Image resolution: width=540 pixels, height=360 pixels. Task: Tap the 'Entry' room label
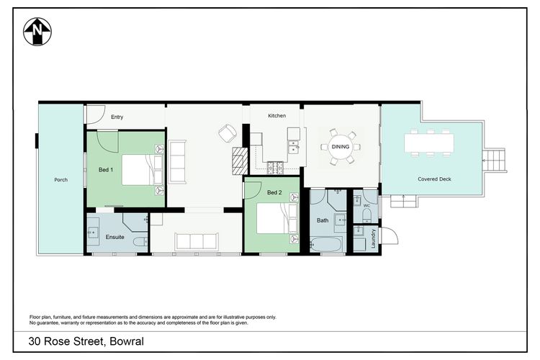coord(117,116)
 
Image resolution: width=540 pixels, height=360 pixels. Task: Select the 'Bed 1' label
coord(105,169)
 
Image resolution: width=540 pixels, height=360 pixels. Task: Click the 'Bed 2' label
coord(274,192)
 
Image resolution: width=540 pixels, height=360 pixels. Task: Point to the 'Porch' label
coord(60,179)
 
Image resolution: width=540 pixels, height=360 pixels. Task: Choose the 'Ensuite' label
coord(115,236)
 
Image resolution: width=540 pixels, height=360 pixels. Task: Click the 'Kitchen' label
coord(276,116)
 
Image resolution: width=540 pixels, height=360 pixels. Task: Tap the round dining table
coord(338,148)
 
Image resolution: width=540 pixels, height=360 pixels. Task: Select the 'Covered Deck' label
coord(434,179)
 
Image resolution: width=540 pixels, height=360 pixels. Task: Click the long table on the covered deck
coord(430,143)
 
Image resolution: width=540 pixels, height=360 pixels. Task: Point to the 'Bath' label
coord(323,220)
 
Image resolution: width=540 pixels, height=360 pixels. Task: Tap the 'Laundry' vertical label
coord(374,238)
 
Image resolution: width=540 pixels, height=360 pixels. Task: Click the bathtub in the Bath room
coord(329,245)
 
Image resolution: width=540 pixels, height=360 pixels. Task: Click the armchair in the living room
coord(228,133)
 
